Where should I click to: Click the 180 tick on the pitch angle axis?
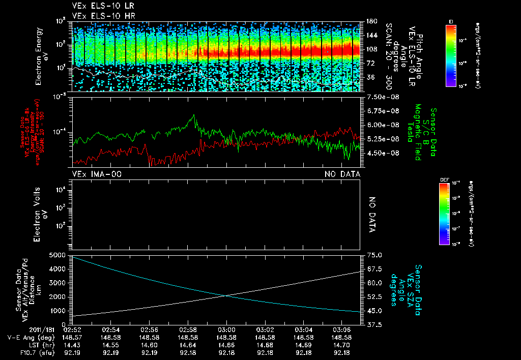pos(370,22)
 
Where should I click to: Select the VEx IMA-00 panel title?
pos(97,174)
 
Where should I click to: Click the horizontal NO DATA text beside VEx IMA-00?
pos(342,174)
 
